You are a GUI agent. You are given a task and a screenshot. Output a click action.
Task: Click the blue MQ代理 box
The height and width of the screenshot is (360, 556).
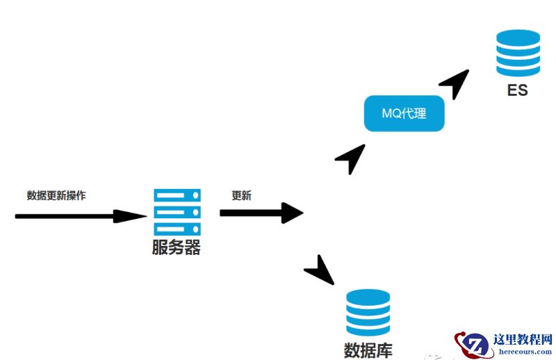(404, 113)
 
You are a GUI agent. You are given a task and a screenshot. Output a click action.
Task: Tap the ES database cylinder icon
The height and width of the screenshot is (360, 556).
(518, 53)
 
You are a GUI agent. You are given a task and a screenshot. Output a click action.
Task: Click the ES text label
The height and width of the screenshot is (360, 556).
(517, 90)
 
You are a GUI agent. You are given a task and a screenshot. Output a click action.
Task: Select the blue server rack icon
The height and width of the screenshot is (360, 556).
(177, 211)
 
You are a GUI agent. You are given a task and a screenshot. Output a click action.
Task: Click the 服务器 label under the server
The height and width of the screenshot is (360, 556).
(177, 247)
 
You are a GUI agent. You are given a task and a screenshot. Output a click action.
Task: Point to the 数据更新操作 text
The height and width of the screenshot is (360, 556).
(56, 195)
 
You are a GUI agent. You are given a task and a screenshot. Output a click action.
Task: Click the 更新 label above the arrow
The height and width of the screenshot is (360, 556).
(241, 195)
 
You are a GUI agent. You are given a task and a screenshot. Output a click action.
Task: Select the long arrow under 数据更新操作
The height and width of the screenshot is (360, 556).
(80, 216)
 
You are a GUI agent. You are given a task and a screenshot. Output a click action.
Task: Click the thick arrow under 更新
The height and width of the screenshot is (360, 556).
(261, 213)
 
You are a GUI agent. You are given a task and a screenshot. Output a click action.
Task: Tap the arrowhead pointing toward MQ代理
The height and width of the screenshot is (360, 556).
(351, 158)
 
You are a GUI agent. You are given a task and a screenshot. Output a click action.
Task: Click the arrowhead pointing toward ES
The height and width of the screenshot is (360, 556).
(455, 83)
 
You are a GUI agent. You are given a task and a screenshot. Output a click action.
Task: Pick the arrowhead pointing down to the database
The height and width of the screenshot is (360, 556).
(320, 271)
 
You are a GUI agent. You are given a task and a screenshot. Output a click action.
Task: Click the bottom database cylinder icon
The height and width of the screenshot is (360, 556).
(368, 313)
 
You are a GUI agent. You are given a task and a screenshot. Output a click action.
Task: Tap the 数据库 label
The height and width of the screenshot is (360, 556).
(368, 349)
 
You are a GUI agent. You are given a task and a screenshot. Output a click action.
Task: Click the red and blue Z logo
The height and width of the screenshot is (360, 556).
(475, 344)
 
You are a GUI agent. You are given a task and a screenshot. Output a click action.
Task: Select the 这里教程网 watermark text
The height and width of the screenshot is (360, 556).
(522, 339)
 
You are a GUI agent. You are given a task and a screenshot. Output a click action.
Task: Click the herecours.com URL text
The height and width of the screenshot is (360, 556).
(525, 352)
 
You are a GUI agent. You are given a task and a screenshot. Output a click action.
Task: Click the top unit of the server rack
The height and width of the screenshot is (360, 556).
(177, 195)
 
